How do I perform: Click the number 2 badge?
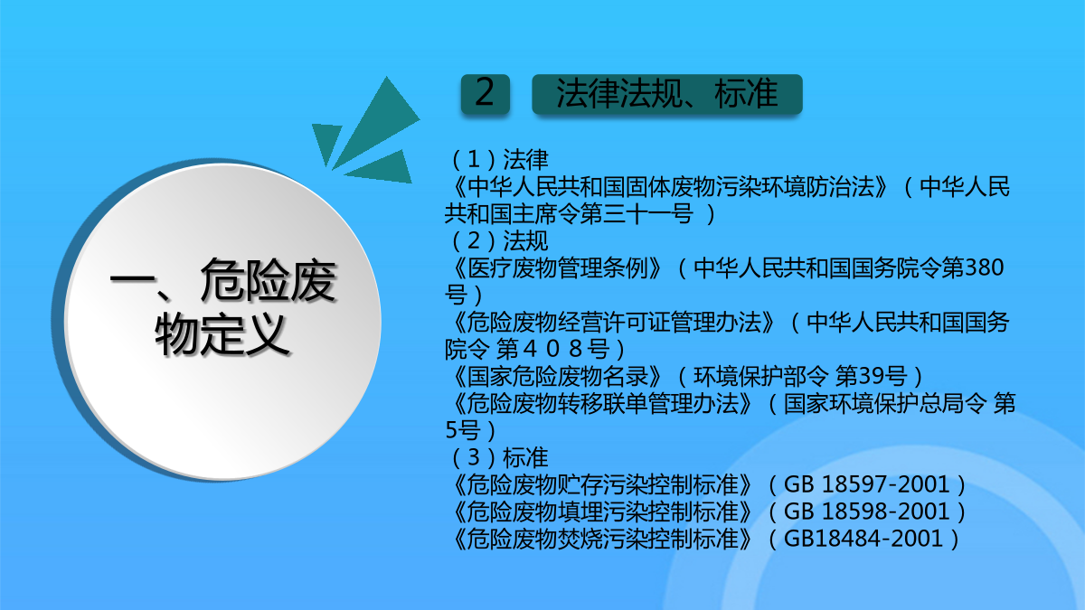coord(485,94)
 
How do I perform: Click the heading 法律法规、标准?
coord(667,93)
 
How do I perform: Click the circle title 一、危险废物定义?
coord(222,306)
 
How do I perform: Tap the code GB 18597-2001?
coord(866,484)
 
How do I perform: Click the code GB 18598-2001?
coord(866,511)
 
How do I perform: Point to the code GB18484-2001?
coord(863,539)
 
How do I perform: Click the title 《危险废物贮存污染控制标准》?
coord(600,485)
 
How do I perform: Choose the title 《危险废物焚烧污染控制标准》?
coord(600,540)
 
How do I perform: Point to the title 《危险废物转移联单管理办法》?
coord(600,404)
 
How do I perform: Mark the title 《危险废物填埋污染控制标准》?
coord(600,512)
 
